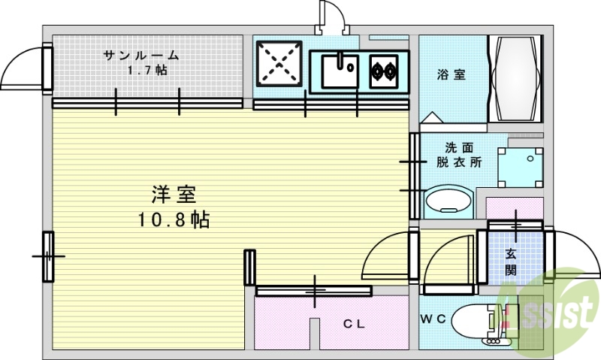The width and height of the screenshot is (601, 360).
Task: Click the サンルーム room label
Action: click(141, 55)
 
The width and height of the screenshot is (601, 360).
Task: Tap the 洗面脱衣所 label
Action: click(459, 154)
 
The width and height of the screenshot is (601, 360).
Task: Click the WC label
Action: click(433, 319)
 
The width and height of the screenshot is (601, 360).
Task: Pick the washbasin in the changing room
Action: click(449, 203)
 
